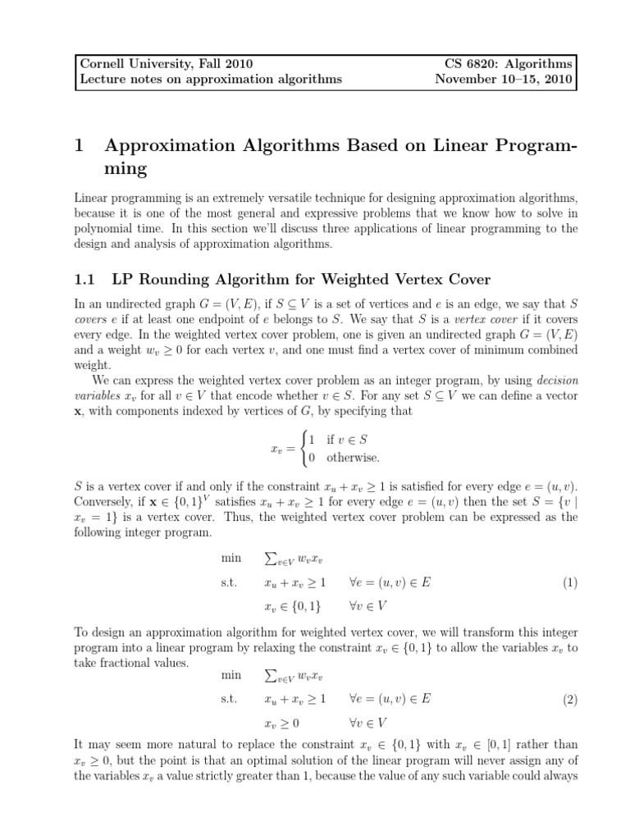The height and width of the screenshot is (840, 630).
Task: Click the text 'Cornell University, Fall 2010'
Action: click(164, 63)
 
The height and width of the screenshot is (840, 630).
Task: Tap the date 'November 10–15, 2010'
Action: click(504, 80)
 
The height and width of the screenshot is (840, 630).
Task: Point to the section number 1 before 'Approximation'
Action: click(80, 146)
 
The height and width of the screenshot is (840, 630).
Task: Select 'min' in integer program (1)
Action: click(231, 558)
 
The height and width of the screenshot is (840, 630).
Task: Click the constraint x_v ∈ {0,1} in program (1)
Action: click(293, 607)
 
